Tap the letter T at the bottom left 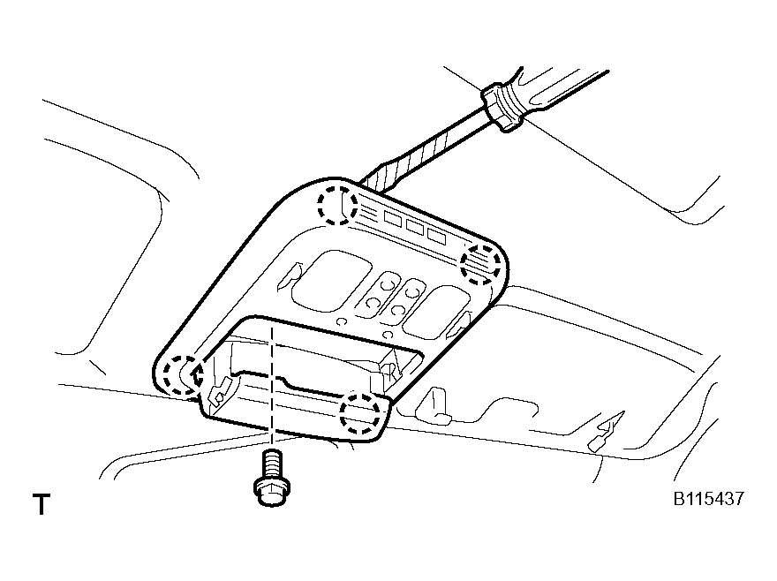click(x=41, y=506)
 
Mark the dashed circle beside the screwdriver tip click(x=338, y=207)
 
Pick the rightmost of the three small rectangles click(x=436, y=235)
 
